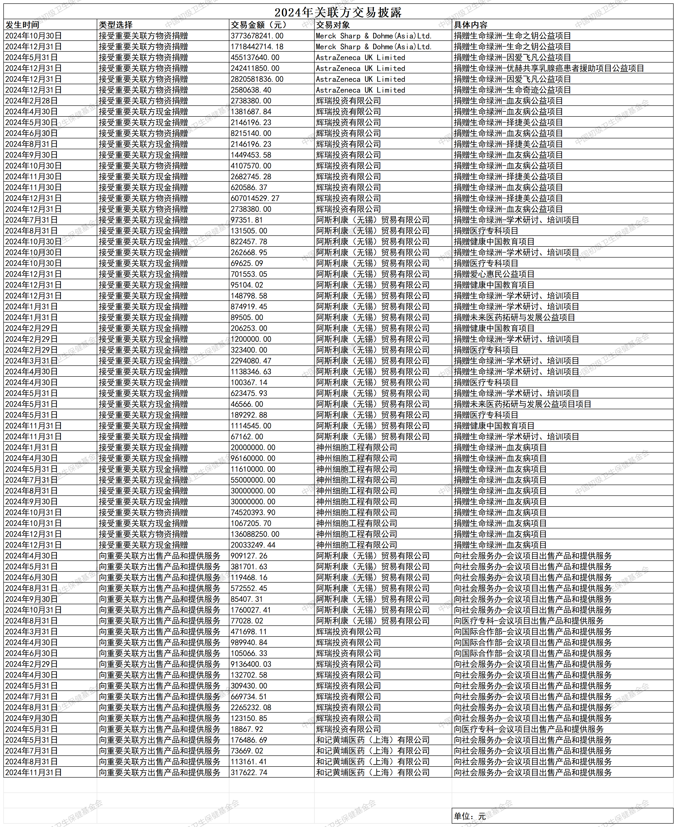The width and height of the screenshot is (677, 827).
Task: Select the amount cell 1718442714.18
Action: [x=257, y=47]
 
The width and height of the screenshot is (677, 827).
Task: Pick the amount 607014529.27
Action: [x=255, y=198]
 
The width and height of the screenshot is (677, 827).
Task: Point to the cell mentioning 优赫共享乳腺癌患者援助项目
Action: [x=549, y=68]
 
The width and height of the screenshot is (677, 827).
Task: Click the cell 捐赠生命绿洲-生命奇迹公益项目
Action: [x=512, y=90]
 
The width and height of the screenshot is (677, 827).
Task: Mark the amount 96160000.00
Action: [x=253, y=458]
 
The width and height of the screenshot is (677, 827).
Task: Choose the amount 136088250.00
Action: [x=255, y=534]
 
